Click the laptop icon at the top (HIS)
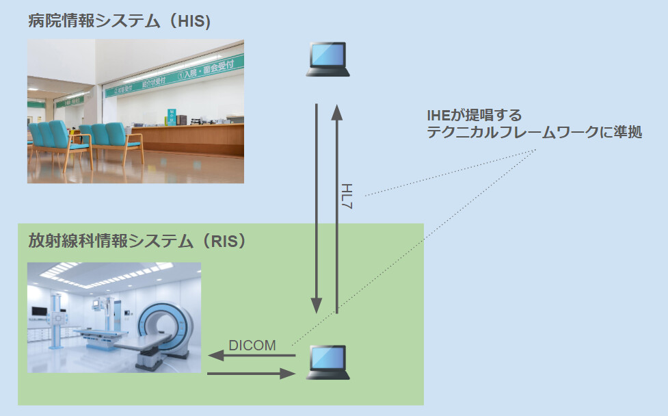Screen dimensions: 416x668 [328, 59]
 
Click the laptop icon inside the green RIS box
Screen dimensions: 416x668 [328, 362]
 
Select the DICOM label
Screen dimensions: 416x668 [253, 346]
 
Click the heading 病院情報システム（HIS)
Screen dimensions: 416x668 [119, 21]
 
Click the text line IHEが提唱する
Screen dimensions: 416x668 [473, 115]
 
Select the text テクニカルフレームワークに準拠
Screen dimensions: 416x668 [534, 133]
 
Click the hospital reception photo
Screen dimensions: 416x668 [135, 111]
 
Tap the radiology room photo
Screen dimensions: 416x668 [114, 317]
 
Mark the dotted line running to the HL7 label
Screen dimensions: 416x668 [444, 174]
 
